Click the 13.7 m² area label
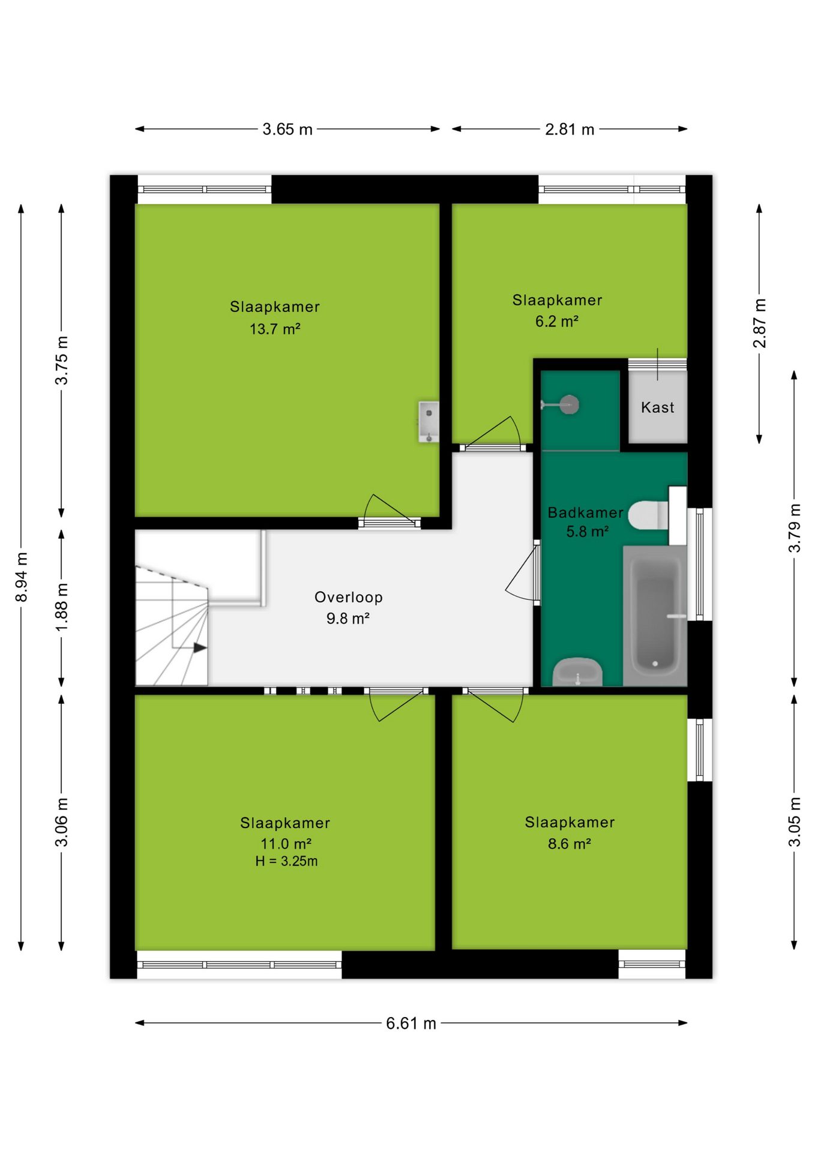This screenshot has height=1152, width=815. pos(275,329)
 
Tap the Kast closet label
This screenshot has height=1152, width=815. pos(658,407)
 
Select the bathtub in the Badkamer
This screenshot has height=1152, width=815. pos(655,616)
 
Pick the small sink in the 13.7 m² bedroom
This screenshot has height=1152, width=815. pos(429,422)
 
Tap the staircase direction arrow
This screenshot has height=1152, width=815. pos(200,648)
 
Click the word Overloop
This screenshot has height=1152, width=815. pos(349,597)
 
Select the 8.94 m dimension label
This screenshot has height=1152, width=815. pos(22,577)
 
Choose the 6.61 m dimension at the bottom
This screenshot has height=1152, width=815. pos(411,1023)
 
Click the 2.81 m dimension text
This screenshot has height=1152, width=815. pos(570,129)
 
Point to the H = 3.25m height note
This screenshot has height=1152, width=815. pos(286,861)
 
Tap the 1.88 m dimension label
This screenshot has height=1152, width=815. pos(62,607)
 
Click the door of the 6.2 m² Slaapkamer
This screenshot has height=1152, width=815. pos(493,433)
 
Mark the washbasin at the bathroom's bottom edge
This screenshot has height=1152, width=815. pos(577,672)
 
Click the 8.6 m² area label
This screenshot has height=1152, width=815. pos(570,844)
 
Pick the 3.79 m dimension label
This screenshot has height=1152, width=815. pos(795,528)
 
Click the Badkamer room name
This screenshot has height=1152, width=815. pos(585,512)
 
